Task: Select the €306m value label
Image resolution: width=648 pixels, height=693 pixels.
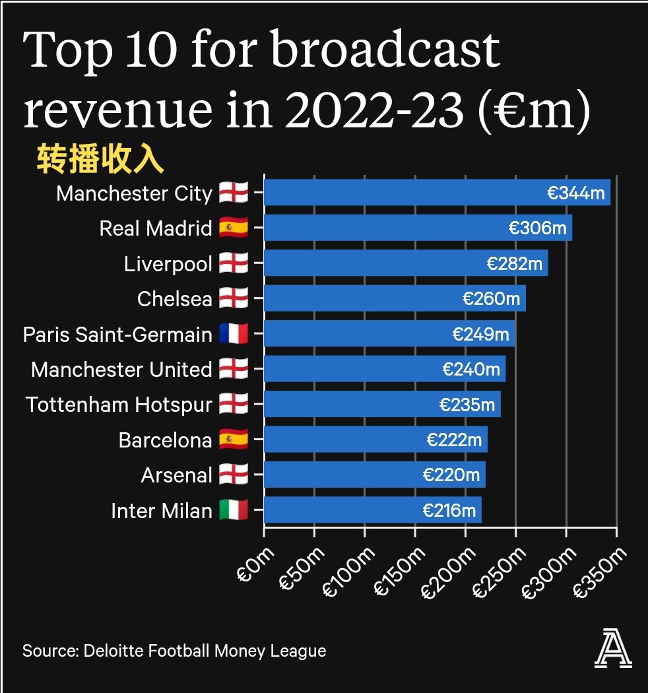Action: pyautogui.click(x=537, y=228)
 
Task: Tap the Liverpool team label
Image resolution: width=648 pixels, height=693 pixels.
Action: pyautogui.click(x=168, y=264)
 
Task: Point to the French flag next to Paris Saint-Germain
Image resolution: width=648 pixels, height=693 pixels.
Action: pyautogui.click(x=234, y=334)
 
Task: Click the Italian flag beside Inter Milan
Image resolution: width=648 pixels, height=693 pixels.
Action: pyautogui.click(x=234, y=510)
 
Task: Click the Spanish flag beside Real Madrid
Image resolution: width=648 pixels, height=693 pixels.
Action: pyautogui.click(x=234, y=228)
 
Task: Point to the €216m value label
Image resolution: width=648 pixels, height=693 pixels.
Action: pyautogui.click(x=449, y=510)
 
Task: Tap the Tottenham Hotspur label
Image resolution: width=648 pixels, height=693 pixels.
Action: pyautogui.click(x=119, y=405)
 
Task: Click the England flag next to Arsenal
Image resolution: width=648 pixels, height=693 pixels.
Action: pyautogui.click(x=234, y=475)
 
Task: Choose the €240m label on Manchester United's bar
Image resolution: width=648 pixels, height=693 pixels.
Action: pyautogui.click(x=470, y=370)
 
